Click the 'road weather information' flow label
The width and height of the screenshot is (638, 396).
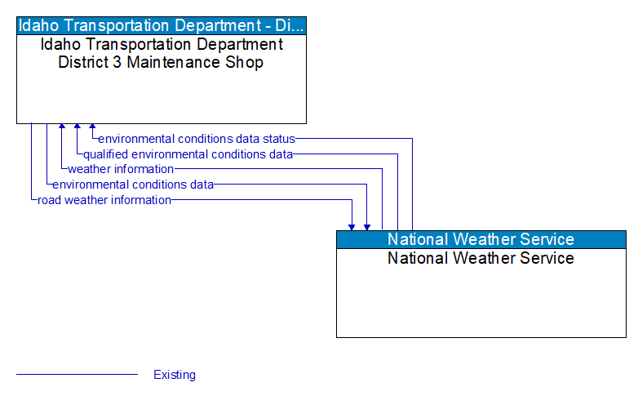(x=104, y=200)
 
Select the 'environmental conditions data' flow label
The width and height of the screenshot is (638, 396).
(x=133, y=185)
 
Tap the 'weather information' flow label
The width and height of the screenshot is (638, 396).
(x=121, y=169)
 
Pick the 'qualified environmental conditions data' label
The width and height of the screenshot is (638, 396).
(x=188, y=154)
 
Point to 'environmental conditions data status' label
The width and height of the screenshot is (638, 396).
(x=197, y=139)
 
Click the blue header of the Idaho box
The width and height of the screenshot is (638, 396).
(x=162, y=25)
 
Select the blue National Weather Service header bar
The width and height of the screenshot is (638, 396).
(x=481, y=239)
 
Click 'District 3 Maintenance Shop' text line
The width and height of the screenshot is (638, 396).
(x=161, y=62)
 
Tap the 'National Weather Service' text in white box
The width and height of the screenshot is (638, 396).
(x=481, y=258)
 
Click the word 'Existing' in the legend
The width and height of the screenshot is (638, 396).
(x=175, y=375)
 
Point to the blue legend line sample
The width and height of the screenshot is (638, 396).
(x=77, y=375)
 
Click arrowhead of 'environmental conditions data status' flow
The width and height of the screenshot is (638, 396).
(x=92, y=127)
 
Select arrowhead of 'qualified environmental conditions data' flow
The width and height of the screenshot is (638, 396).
(x=78, y=127)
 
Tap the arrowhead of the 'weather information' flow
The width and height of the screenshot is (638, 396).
(x=62, y=127)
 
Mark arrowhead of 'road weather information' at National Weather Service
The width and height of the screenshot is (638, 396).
(x=352, y=226)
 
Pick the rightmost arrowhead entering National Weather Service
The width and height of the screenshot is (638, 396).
(x=367, y=226)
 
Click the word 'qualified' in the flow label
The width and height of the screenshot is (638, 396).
(x=105, y=154)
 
